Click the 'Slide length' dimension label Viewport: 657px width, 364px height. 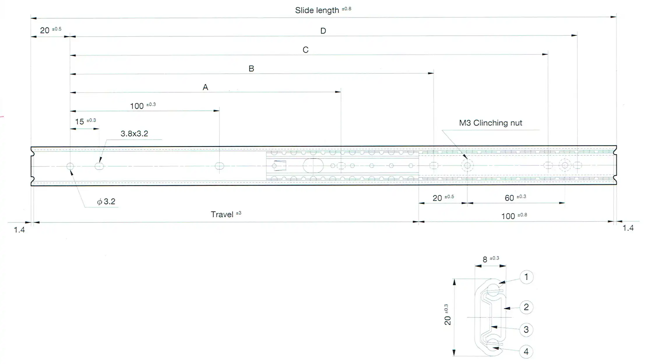pos(317,10)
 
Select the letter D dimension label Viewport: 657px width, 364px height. pos(323,31)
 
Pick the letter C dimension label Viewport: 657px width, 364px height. pos(305,50)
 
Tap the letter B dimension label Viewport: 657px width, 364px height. pos(251,69)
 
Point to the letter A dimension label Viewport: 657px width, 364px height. pos(205,87)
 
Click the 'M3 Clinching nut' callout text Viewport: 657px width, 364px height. pos(490,123)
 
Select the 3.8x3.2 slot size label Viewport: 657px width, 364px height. pos(134,134)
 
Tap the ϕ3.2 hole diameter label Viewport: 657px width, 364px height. pos(106,202)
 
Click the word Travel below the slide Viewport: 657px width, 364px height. pos(222,215)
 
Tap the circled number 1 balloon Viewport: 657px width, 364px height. pos(526,277)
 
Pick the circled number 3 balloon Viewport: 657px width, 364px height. pos(526,330)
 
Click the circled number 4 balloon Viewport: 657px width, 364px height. pos(526,352)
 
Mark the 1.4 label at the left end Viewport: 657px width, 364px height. pos(19,230)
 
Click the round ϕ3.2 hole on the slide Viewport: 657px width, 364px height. pos(70,166)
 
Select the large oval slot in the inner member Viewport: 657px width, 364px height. pos(313,166)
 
